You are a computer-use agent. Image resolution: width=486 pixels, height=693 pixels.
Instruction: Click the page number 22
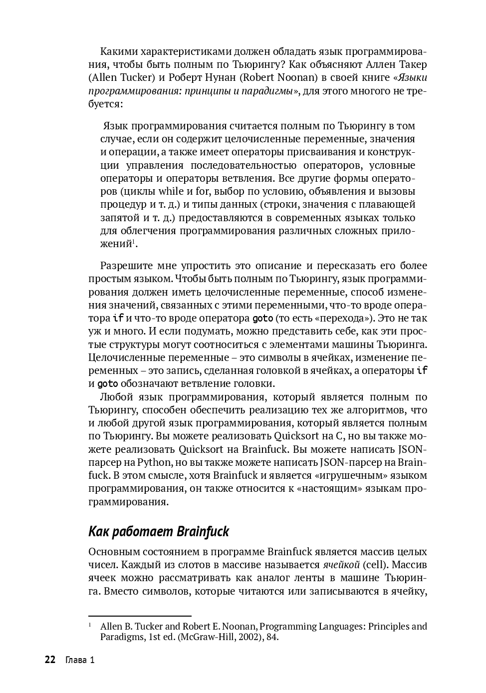(x=50, y=660)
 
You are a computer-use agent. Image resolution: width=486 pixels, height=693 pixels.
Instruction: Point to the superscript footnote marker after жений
(x=134, y=242)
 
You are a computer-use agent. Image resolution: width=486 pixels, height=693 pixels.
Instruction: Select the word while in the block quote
(x=171, y=191)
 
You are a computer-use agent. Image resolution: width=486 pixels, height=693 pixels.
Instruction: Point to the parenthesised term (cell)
(x=378, y=565)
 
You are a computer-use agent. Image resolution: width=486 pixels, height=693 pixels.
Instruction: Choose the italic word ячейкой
(x=341, y=565)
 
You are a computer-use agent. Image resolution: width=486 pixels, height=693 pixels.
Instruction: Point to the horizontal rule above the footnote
(x=140, y=616)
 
